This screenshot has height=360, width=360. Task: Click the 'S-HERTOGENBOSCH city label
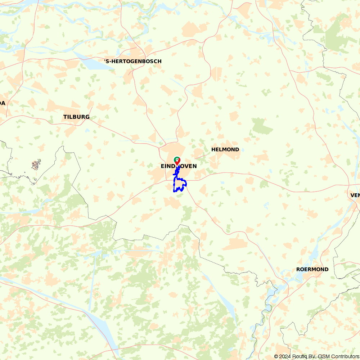pyautogui.click(x=132, y=61)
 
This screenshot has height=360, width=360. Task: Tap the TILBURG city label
pyautogui.click(x=76, y=117)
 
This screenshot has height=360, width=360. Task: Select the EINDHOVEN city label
pyautogui.click(x=179, y=166)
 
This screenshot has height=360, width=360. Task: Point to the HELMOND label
pyautogui.click(x=225, y=149)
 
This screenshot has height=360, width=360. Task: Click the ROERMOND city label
pyautogui.click(x=312, y=269)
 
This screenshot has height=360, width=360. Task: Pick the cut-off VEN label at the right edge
pyautogui.click(x=355, y=195)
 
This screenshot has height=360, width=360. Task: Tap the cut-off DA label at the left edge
pyautogui.click(x=3, y=103)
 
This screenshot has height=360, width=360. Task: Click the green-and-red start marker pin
pyautogui.click(x=177, y=160)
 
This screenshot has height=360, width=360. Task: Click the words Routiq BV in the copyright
pyautogui.click(x=303, y=356)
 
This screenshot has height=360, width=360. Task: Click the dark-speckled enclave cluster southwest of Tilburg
pyautogui.click(x=36, y=165)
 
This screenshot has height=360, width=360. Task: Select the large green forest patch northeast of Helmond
pyautogui.click(x=262, y=126)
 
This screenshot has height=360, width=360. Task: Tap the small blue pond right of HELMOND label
pyautogui.click(x=243, y=149)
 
